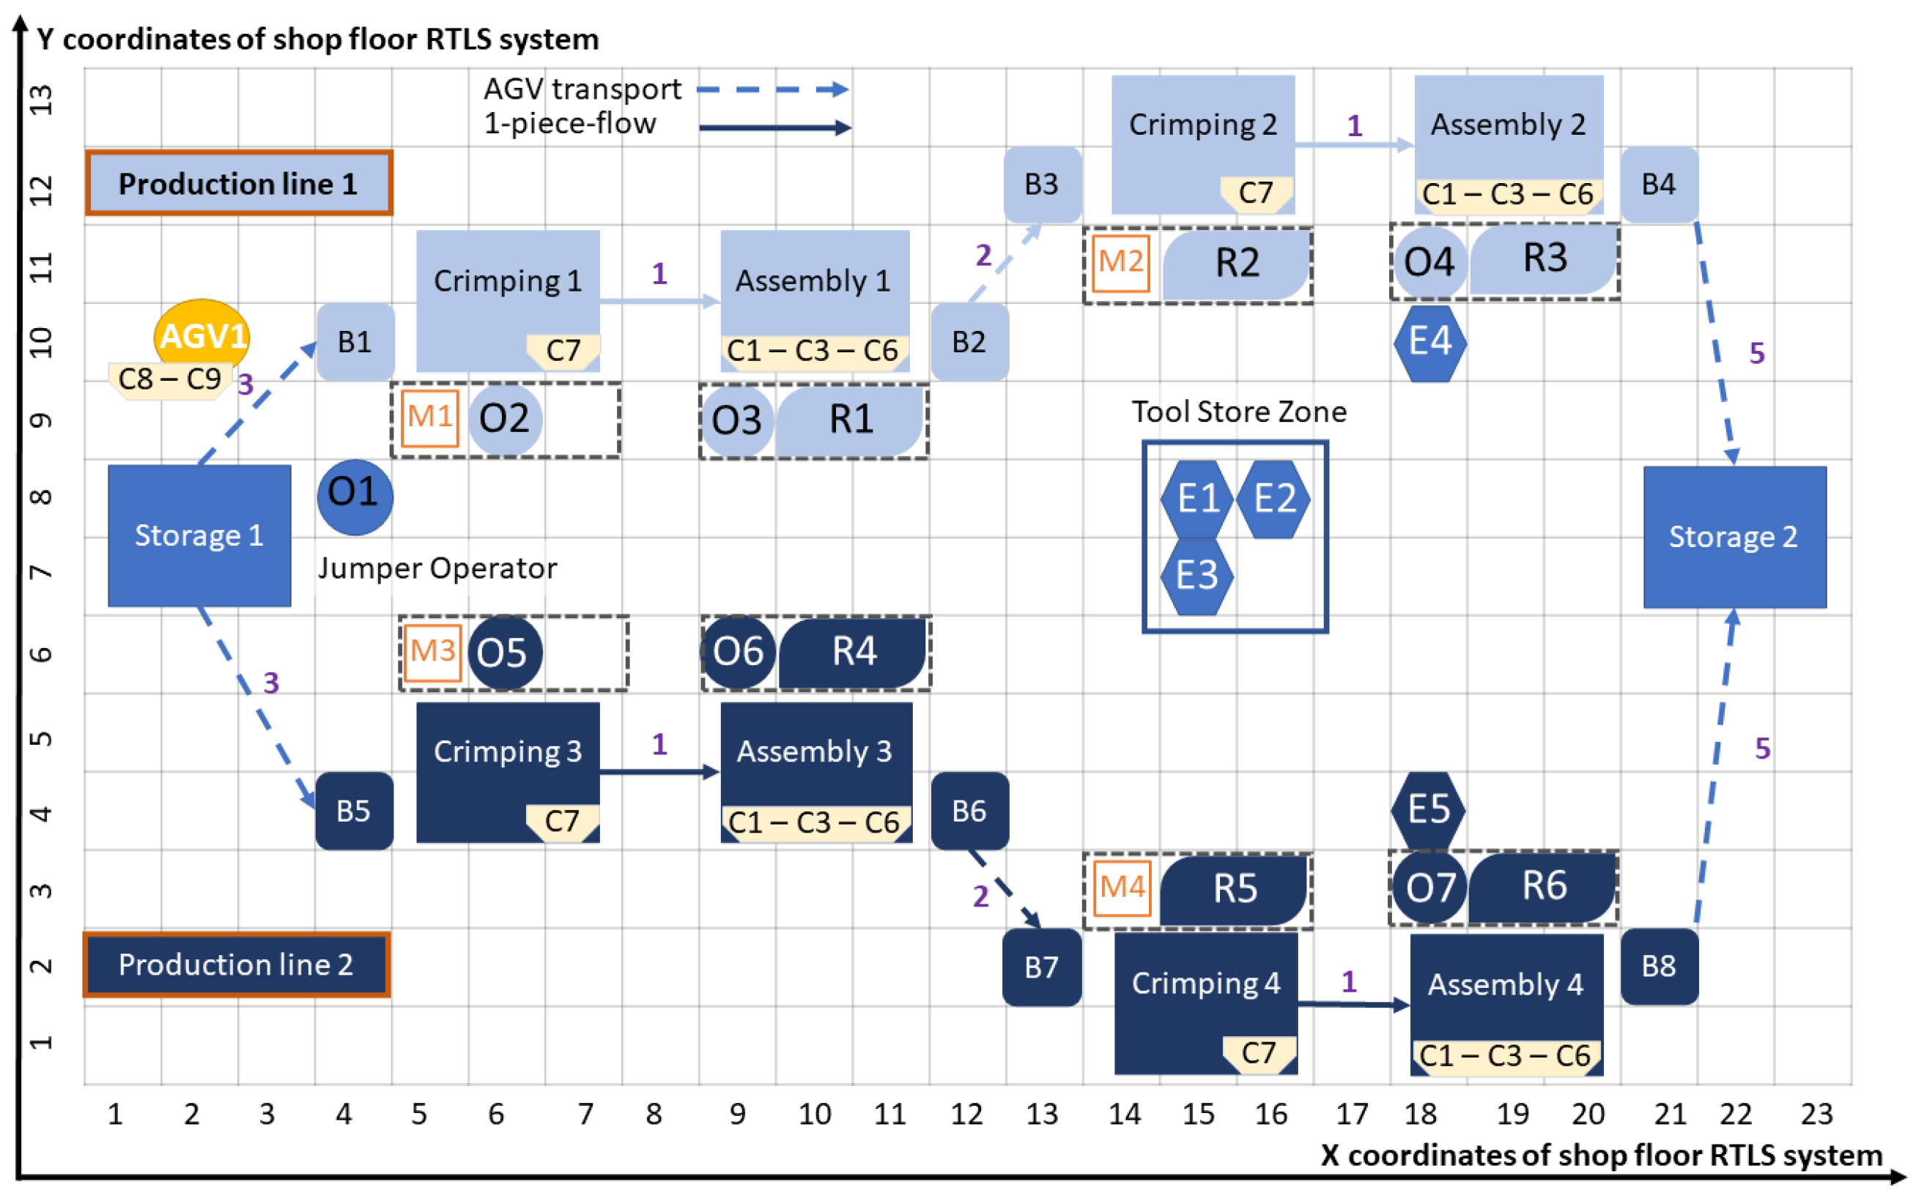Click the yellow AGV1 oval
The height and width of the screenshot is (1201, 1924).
tap(202, 335)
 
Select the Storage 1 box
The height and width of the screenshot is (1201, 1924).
tap(199, 535)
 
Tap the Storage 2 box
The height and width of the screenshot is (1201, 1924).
tap(1734, 537)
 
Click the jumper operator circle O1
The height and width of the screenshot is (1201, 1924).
tap(355, 496)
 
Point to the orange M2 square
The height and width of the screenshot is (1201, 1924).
tap(1120, 262)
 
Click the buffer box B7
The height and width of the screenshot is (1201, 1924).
tap(1041, 967)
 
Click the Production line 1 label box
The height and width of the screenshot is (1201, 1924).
tap(238, 184)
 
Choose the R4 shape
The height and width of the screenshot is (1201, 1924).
tap(854, 652)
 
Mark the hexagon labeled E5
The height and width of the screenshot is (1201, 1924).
tap(1428, 809)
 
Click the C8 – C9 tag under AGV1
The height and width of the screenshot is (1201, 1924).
tap(169, 379)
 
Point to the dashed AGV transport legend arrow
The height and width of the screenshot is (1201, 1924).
tap(772, 90)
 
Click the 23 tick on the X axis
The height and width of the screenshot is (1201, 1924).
tap(1816, 1115)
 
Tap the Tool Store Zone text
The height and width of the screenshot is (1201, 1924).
tap(1238, 412)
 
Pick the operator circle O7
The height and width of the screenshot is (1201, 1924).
tap(1429, 888)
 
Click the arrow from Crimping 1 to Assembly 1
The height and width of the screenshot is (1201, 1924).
tap(659, 301)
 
